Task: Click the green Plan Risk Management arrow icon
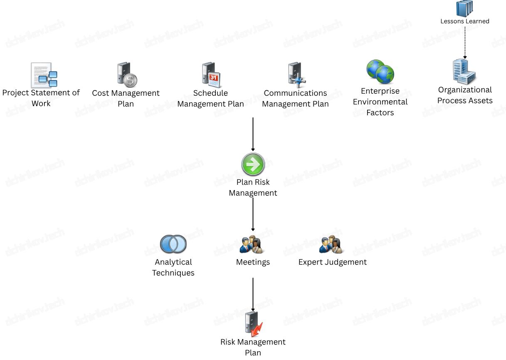[253, 164]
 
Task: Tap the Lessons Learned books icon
[465, 8]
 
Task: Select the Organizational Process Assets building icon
[464, 72]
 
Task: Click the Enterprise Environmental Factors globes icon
[380, 72]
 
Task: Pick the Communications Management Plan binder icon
[295, 74]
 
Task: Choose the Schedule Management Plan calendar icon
[210, 74]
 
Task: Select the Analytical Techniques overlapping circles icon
[173, 244]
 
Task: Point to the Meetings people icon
[252, 245]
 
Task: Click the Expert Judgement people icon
[332, 245]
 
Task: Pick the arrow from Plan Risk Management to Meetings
[253, 214]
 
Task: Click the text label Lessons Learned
[465, 21]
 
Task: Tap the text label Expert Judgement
[333, 262]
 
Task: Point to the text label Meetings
[253, 262]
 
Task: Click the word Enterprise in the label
[380, 91]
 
